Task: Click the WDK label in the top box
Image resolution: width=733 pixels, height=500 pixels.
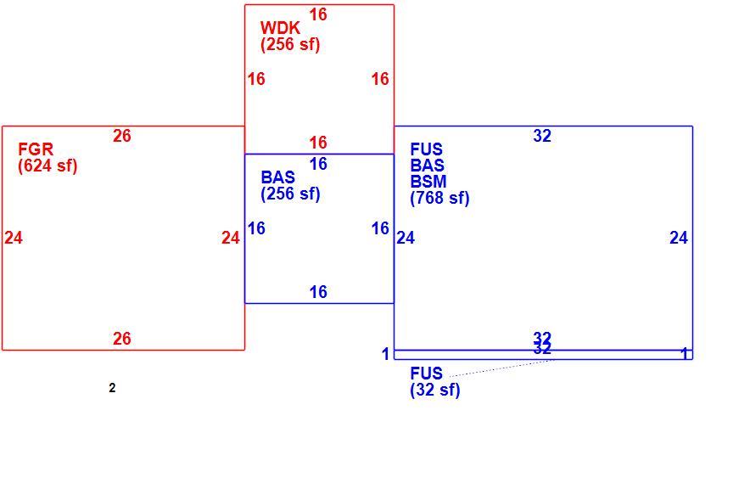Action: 280,28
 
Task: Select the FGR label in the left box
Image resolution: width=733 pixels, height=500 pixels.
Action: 36,149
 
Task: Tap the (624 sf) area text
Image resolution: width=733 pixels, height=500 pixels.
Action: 48,166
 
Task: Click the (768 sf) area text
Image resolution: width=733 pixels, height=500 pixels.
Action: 440,198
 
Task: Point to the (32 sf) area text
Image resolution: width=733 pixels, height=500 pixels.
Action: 435,390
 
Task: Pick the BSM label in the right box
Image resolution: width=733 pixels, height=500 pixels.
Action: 428,181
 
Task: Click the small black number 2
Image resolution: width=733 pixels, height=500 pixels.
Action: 112,388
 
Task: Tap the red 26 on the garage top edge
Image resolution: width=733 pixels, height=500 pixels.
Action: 122,136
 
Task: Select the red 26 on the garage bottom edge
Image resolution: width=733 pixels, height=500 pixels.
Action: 122,339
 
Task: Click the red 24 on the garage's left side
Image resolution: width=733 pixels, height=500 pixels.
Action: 14,238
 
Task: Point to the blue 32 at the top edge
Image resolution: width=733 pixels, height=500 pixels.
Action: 542,136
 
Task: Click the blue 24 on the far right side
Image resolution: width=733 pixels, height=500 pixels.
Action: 679,238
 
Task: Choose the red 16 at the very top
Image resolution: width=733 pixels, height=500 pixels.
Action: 318,14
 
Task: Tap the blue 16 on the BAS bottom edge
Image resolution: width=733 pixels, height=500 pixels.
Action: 318,292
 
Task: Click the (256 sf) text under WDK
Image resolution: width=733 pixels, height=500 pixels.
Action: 290,44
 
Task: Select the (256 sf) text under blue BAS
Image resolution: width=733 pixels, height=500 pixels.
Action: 290,194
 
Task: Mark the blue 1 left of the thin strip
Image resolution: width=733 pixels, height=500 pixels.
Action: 386,354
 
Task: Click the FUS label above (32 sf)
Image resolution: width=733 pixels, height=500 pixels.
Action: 427,374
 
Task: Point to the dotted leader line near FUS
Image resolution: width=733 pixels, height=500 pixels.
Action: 502,368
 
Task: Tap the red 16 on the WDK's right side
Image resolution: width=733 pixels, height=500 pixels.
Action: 380,79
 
